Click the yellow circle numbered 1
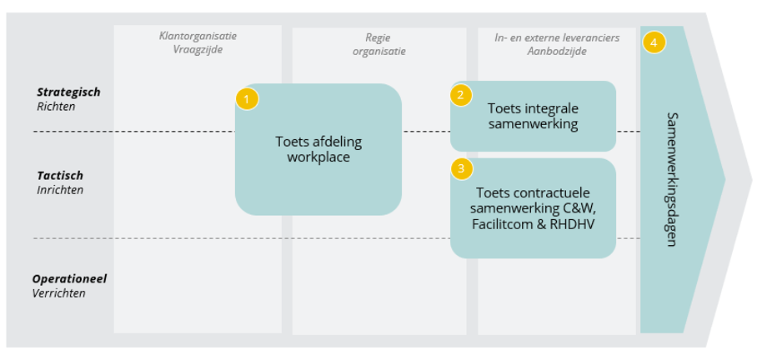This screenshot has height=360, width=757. pos(247,99)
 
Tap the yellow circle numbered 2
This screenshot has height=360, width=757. pos(461,95)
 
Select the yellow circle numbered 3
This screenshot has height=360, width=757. pos(461,169)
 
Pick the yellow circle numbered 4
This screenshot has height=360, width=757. pos(654,42)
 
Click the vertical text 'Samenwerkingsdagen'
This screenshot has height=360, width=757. pos(672,178)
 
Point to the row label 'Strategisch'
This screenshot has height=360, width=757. pos(68,92)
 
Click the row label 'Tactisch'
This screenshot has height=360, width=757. pos(60,176)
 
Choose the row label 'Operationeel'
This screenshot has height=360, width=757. pos(69,278)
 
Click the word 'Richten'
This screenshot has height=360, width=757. pos(56,107)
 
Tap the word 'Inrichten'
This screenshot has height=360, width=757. pos(60,190)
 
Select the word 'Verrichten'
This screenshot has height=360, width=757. pos(59,293)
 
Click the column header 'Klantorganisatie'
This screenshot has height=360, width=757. pos(198,37)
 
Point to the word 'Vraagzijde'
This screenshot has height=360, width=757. pos(198,50)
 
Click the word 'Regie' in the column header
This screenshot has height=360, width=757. pos(378,37)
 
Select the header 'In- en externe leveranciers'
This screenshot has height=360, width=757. pos(557,37)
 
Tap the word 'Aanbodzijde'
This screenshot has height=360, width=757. pos(557,51)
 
